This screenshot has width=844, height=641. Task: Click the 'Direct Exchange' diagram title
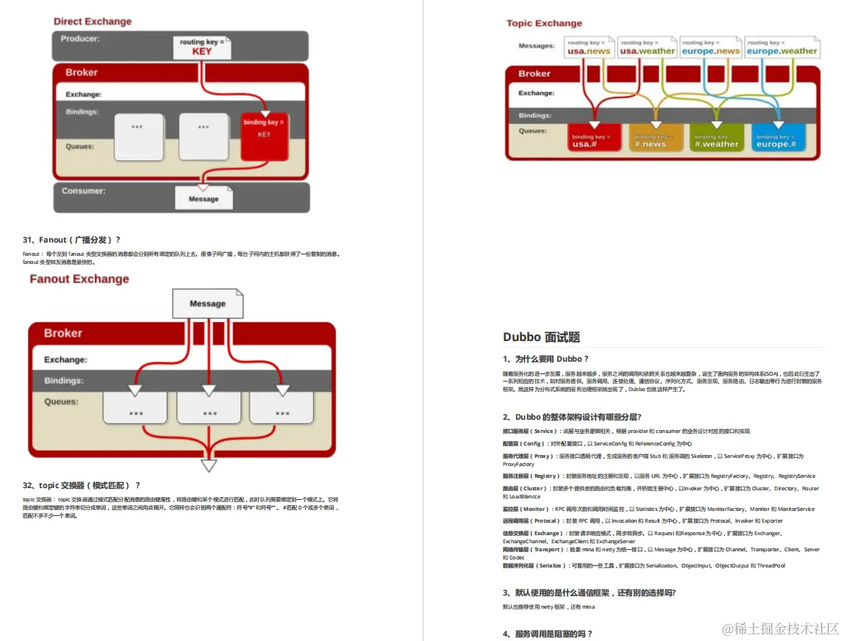pos(93,21)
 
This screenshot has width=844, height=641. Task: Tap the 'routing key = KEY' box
pos(201,48)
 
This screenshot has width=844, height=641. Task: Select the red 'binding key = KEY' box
pos(265,135)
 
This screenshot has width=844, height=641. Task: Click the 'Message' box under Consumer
pos(204,198)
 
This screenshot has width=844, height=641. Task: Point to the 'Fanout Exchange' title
pos(79,279)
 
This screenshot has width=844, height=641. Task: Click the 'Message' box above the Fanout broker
pos(207,304)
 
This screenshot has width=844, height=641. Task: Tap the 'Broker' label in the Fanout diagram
pos(63,333)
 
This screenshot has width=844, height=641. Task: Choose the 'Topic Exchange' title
pos(544,24)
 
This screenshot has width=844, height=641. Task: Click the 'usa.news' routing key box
pos(588,48)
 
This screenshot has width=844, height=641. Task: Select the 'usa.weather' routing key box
pos(647,48)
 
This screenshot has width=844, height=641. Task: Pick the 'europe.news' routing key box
pos(711,48)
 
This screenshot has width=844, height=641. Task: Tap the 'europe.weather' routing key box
pos(782,48)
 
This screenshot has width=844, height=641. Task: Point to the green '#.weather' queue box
pos(716,140)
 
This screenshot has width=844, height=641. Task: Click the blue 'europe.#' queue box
pos(777,140)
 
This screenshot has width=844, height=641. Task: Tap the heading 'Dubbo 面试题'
pos(541,337)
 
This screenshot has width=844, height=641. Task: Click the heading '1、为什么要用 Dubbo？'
pos(546,359)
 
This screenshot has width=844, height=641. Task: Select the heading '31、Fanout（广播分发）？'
pos(71,240)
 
